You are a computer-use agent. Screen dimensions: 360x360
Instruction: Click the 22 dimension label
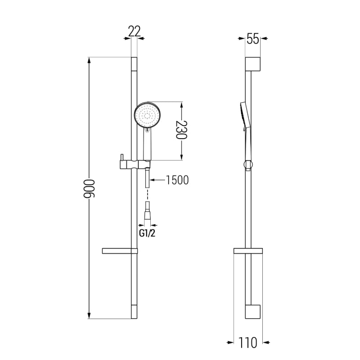pyautogui.click(x=134, y=31)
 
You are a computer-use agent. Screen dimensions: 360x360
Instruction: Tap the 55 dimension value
pyautogui.click(x=253, y=39)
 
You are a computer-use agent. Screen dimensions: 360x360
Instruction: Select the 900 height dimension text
pyautogui.click(x=89, y=189)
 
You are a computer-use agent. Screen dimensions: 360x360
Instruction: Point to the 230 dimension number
pyautogui.click(x=181, y=130)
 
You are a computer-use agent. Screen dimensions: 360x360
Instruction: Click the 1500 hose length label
pyautogui.click(x=177, y=180)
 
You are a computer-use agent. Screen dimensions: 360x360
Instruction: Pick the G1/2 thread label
pyautogui.click(x=147, y=233)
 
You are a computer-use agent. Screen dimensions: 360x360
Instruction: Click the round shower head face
pyautogui.click(x=147, y=114)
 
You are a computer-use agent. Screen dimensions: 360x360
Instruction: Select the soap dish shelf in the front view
pyautogui.click(x=120, y=251)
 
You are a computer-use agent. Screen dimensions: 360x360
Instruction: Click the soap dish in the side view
pyautogui.click(x=248, y=251)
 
